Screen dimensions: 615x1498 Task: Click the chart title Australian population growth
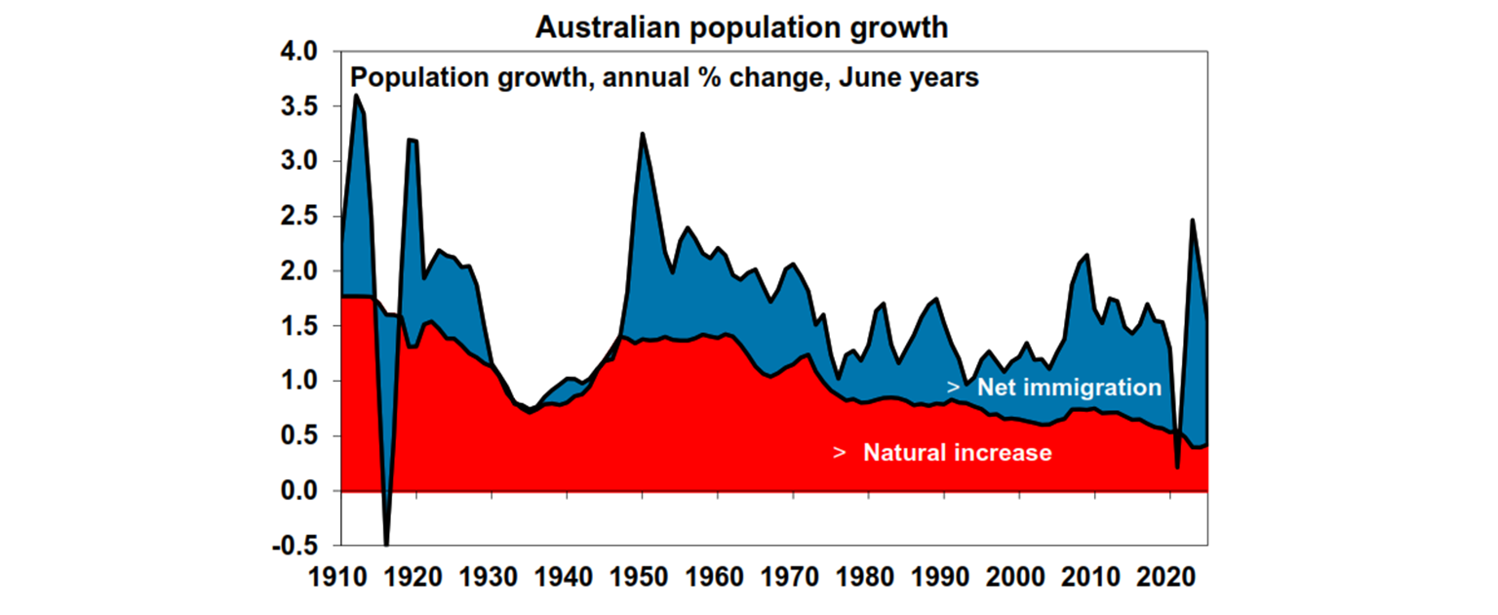[x=741, y=27]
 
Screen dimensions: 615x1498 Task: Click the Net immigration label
[x=1069, y=388]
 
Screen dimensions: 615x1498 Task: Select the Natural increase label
[x=957, y=453]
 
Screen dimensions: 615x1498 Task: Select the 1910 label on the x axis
[x=341, y=577]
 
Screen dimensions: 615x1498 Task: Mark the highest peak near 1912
[x=356, y=95]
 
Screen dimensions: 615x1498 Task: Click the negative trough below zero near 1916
[x=387, y=545]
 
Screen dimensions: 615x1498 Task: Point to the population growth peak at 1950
[x=643, y=133]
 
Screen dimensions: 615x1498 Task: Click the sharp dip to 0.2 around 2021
[x=1178, y=468]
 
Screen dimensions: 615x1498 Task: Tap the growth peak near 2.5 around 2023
[x=1192, y=220]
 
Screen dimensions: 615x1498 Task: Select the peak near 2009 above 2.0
[x=1086, y=255]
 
